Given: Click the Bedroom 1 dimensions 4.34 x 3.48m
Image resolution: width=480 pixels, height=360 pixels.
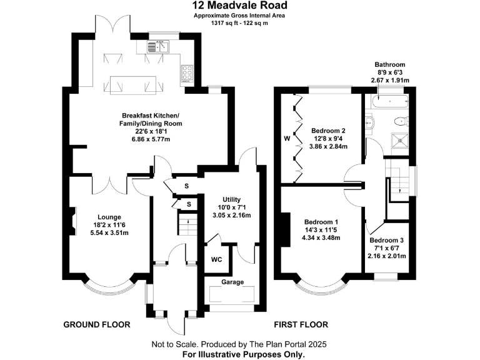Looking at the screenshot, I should point(321,237).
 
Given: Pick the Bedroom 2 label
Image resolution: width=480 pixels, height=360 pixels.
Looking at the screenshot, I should point(329,131).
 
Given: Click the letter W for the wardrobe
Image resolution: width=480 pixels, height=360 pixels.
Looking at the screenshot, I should point(287,137).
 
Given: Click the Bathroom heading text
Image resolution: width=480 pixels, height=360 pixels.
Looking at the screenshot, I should point(389,64).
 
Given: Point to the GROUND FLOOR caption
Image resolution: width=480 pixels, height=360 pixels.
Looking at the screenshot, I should point(97,325).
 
